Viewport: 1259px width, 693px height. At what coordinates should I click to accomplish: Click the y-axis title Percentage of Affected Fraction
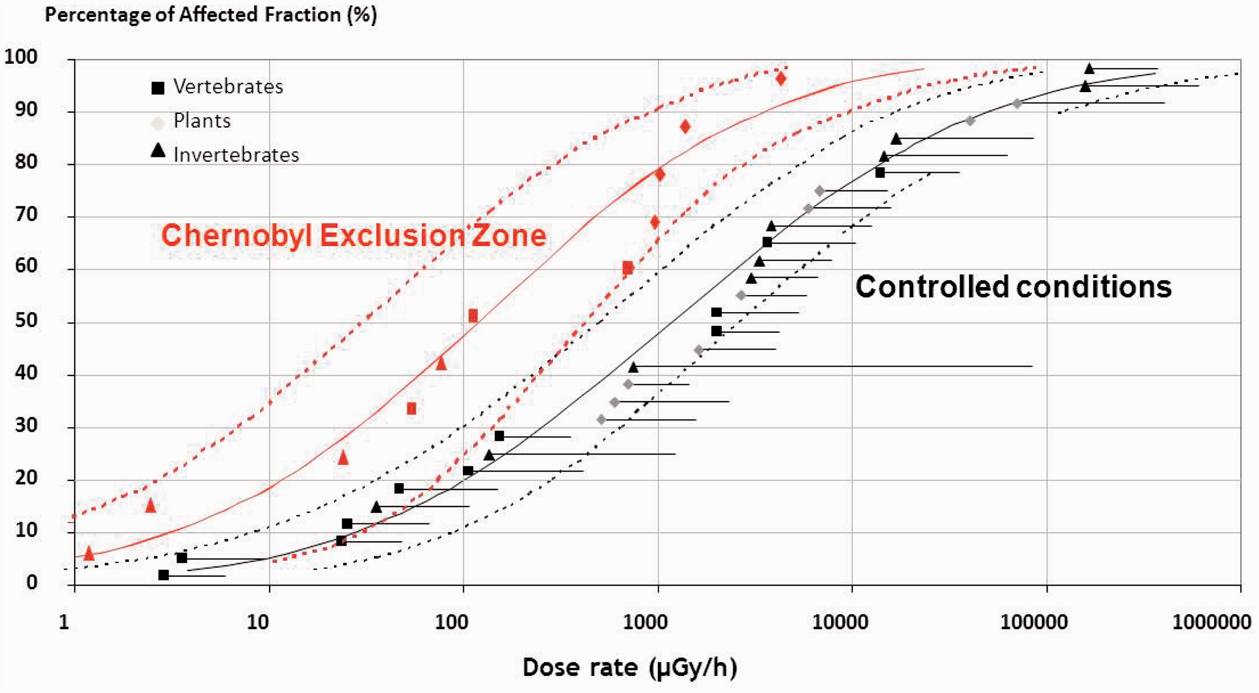click(x=210, y=15)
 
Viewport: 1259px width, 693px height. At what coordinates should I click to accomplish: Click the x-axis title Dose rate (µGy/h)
click(x=629, y=667)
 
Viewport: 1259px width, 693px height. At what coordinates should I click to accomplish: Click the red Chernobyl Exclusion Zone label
click(x=353, y=236)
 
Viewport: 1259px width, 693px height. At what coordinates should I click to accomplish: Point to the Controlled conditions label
click(x=1013, y=286)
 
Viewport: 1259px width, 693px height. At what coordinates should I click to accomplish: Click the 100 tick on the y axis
click(x=21, y=57)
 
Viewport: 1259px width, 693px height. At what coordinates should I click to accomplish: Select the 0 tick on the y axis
click(x=31, y=582)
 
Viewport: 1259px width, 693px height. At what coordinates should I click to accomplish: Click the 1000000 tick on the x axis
click(x=1211, y=622)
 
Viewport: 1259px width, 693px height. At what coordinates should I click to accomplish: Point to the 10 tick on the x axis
click(x=258, y=622)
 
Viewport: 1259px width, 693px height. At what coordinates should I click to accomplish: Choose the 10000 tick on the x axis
click(x=839, y=622)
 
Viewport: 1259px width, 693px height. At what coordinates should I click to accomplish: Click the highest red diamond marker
click(x=781, y=79)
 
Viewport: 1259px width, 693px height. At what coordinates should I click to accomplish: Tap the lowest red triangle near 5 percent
click(x=89, y=553)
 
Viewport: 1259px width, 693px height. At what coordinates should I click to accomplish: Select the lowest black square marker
click(x=164, y=575)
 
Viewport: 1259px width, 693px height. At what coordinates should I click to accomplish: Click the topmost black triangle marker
click(x=1089, y=68)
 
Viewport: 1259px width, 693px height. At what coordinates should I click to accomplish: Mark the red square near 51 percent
click(x=473, y=315)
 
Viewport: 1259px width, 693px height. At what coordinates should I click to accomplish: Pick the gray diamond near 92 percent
click(x=1017, y=103)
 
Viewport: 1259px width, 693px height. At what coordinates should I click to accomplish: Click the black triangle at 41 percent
click(x=633, y=367)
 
